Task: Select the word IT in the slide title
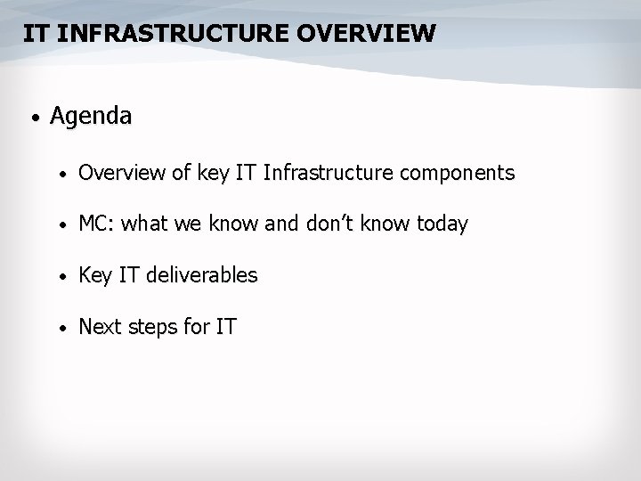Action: click(x=36, y=34)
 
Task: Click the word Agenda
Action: click(x=91, y=116)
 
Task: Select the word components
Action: click(x=459, y=173)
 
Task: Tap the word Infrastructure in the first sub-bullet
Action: click(x=331, y=173)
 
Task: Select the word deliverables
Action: click(x=202, y=276)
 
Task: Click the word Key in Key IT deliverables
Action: click(x=94, y=276)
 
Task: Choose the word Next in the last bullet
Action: click(x=99, y=328)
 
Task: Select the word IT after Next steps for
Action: click(x=226, y=328)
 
